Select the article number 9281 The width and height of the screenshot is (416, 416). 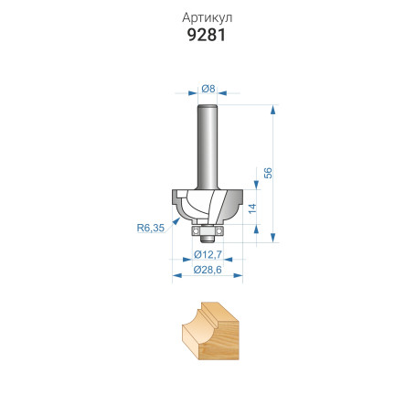[x=208, y=37]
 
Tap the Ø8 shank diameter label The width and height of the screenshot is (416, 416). [x=208, y=89]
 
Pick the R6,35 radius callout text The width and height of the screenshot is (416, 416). [x=150, y=229]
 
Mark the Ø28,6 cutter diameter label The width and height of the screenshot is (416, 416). [x=208, y=271]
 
